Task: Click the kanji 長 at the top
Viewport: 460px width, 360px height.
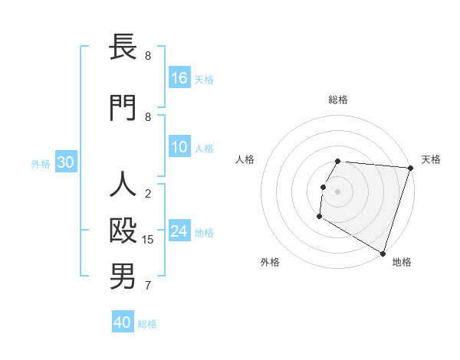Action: pos(123,47)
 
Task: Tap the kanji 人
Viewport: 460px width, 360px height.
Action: pos(123,185)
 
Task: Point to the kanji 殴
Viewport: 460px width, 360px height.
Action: pos(123,232)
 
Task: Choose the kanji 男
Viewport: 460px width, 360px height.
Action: pos(123,277)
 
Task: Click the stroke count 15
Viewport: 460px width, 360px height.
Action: pos(149,240)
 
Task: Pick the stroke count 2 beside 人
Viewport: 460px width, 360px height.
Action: pos(148,194)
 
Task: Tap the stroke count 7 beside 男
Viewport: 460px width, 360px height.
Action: pos(148,286)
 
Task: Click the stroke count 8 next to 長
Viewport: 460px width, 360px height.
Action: pos(148,56)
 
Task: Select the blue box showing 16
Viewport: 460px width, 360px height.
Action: pos(179,78)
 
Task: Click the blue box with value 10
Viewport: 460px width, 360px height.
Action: pos(179,148)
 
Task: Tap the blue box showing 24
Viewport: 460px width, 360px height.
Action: pos(179,232)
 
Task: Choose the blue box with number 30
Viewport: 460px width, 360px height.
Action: pos(66,163)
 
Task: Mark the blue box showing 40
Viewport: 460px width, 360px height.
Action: pos(123,322)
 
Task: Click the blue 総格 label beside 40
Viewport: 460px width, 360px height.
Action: pos(147,324)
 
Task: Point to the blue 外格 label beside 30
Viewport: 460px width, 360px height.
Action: pos(41,164)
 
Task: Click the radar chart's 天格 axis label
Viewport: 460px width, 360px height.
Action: pos(432,159)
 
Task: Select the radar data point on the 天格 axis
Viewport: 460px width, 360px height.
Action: pos(410,168)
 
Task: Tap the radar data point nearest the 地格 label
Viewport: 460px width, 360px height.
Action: pos(382,253)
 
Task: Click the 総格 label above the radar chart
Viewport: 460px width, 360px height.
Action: pos(338,100)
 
